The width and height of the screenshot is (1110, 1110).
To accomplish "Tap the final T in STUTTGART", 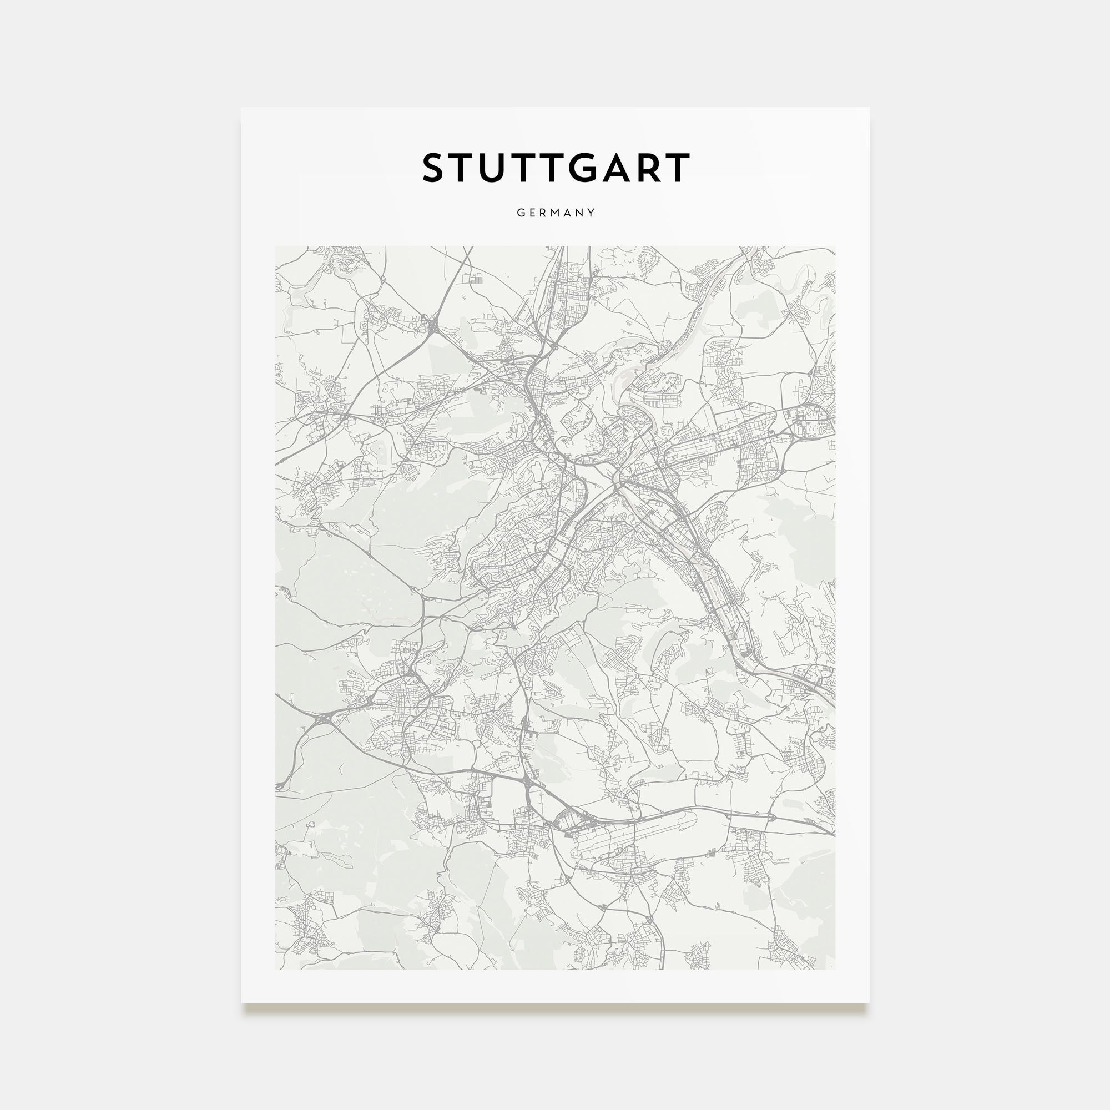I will coord(679,168).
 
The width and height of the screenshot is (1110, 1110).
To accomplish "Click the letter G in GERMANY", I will coord(521,213).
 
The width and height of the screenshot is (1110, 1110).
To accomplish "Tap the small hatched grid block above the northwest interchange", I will coord(477,280).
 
